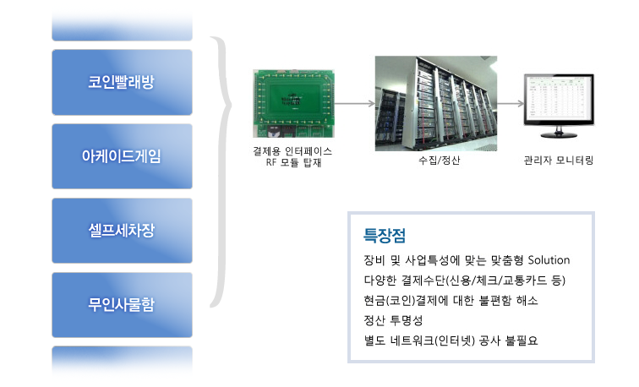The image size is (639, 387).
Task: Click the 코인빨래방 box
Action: pos(122,82)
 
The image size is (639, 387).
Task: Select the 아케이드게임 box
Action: pos(122,156)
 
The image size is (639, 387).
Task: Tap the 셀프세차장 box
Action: pos(122,231)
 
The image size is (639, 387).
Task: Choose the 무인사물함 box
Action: pos(122,305)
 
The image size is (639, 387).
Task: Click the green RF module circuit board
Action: pos(293,103)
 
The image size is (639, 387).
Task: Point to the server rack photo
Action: pos(436,103)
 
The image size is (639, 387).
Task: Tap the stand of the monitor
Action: pos(559,132)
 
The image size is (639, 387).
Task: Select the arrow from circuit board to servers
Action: pos(354,103)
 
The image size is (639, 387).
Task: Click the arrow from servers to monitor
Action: pos(511,103)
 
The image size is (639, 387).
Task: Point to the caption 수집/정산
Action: pos(439,161)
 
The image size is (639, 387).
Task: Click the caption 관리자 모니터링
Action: pos(559,161)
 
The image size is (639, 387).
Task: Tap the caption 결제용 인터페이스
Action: pos(292,151)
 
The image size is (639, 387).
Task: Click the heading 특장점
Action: pos(385,236)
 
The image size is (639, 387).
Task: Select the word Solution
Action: pos(549,260)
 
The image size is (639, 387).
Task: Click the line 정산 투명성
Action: pos(393,320)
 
